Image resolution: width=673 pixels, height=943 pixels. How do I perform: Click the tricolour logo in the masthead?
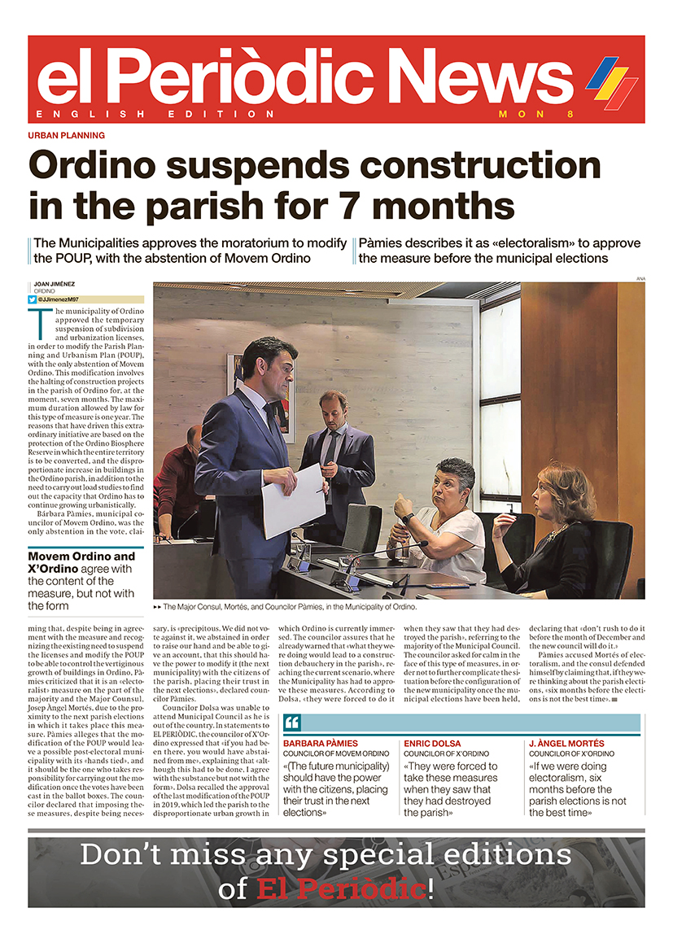[613, 80]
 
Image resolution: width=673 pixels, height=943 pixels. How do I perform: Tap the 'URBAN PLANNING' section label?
[66, 135]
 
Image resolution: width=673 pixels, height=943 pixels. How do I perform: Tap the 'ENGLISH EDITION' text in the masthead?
[155, 114]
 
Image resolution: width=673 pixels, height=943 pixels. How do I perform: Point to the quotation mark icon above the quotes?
[292, 723]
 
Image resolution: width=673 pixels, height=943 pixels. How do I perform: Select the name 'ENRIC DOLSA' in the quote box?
[432, 744]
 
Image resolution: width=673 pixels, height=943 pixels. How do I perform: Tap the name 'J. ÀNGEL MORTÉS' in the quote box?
[566, 744]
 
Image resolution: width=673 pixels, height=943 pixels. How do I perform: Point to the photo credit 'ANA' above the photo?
[640, 278]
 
